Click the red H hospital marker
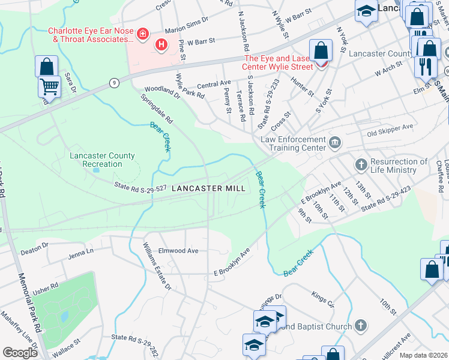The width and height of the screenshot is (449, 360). [161, 44]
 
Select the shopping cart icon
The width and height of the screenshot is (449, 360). [49, 86]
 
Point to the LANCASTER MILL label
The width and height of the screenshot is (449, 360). [208, 188]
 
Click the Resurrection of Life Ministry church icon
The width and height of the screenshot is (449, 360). [361, 164]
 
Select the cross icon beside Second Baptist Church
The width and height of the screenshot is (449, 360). [360, 326]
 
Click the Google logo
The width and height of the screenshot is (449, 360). [20, 353]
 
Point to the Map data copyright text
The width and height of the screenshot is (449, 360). [423, 355]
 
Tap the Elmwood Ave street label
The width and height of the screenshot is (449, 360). [177, 251]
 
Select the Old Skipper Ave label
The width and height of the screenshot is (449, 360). [390, 127]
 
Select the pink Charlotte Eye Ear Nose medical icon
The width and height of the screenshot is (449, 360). [142, 34]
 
